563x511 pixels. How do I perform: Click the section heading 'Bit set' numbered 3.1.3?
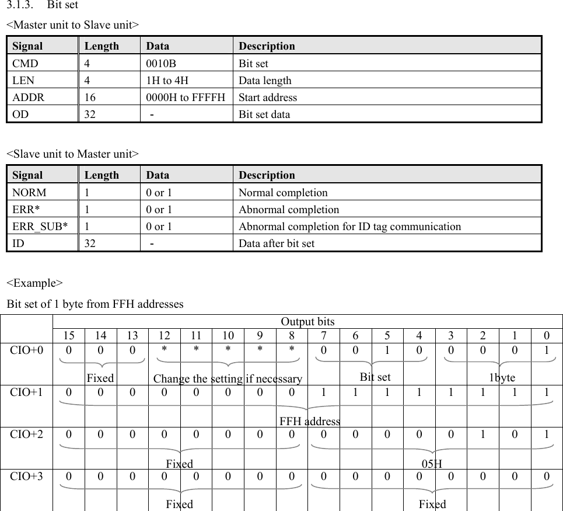pyautogui.click(x=62, y=5)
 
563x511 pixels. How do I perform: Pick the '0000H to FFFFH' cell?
pyautogui.click(x=186, y=98)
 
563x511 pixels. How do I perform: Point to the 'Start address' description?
pyautogui.click(x=268, y=98)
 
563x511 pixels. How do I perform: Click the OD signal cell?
pyautogui.click(x=20, y=114)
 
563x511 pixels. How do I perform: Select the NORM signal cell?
pyautogui.click(x=29, y=193)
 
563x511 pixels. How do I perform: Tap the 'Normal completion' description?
pyautogui.click(x=283, y=193)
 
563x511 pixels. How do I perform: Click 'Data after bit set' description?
pyautogui.click(x=277, y=244)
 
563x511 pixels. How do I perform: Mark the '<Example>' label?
pyautogui.click(x=34, y=283)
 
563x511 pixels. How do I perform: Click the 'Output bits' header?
pyautogui.click(x=307, y=322)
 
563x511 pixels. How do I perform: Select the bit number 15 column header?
pyautogui.click(x=69, y=336)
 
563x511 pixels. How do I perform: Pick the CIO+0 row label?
pyautogui.click(x=26, y=351)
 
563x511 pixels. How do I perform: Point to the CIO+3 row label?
pyautogui.click(x=26, y=475)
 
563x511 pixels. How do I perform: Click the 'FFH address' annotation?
pyautogui.click(x=309, y=421)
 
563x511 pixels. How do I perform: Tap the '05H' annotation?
pyautogui.click(x=432, y=464)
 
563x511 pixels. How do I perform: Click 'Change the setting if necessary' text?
pyautogui.click(x=228, y=379)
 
